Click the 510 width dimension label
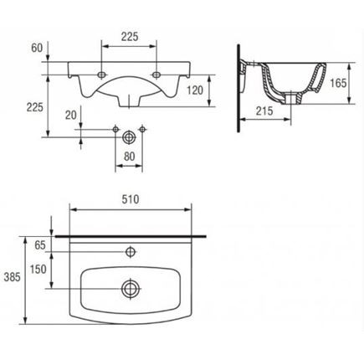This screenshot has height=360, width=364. point(131,199)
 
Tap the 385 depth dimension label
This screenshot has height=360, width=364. point(12,277)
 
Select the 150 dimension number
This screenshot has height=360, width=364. point(38,270)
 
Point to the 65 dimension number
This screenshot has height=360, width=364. point(40,245)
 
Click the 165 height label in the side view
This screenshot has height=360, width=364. point(338,83)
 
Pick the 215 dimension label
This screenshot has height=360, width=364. point(264,111)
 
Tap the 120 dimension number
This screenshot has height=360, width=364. point(195,90)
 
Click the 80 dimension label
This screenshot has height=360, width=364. point(130,157)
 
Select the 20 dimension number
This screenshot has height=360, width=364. point(71,115)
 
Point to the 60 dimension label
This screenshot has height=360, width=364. point(37,48)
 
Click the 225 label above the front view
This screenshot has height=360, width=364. point(130,37)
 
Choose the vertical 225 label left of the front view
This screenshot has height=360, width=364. point(35,107)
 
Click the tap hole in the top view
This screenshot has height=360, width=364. point(131,252)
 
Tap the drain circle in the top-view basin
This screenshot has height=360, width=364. point(131,288)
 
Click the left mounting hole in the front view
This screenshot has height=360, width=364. point(102,75)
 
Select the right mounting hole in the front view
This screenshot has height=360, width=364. point(156,75)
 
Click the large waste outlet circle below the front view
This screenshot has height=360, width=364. point(129,137)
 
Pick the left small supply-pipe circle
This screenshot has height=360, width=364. point(115,129)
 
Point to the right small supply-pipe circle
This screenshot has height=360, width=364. point(142,129)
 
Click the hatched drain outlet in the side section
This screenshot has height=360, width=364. point(291,99)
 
